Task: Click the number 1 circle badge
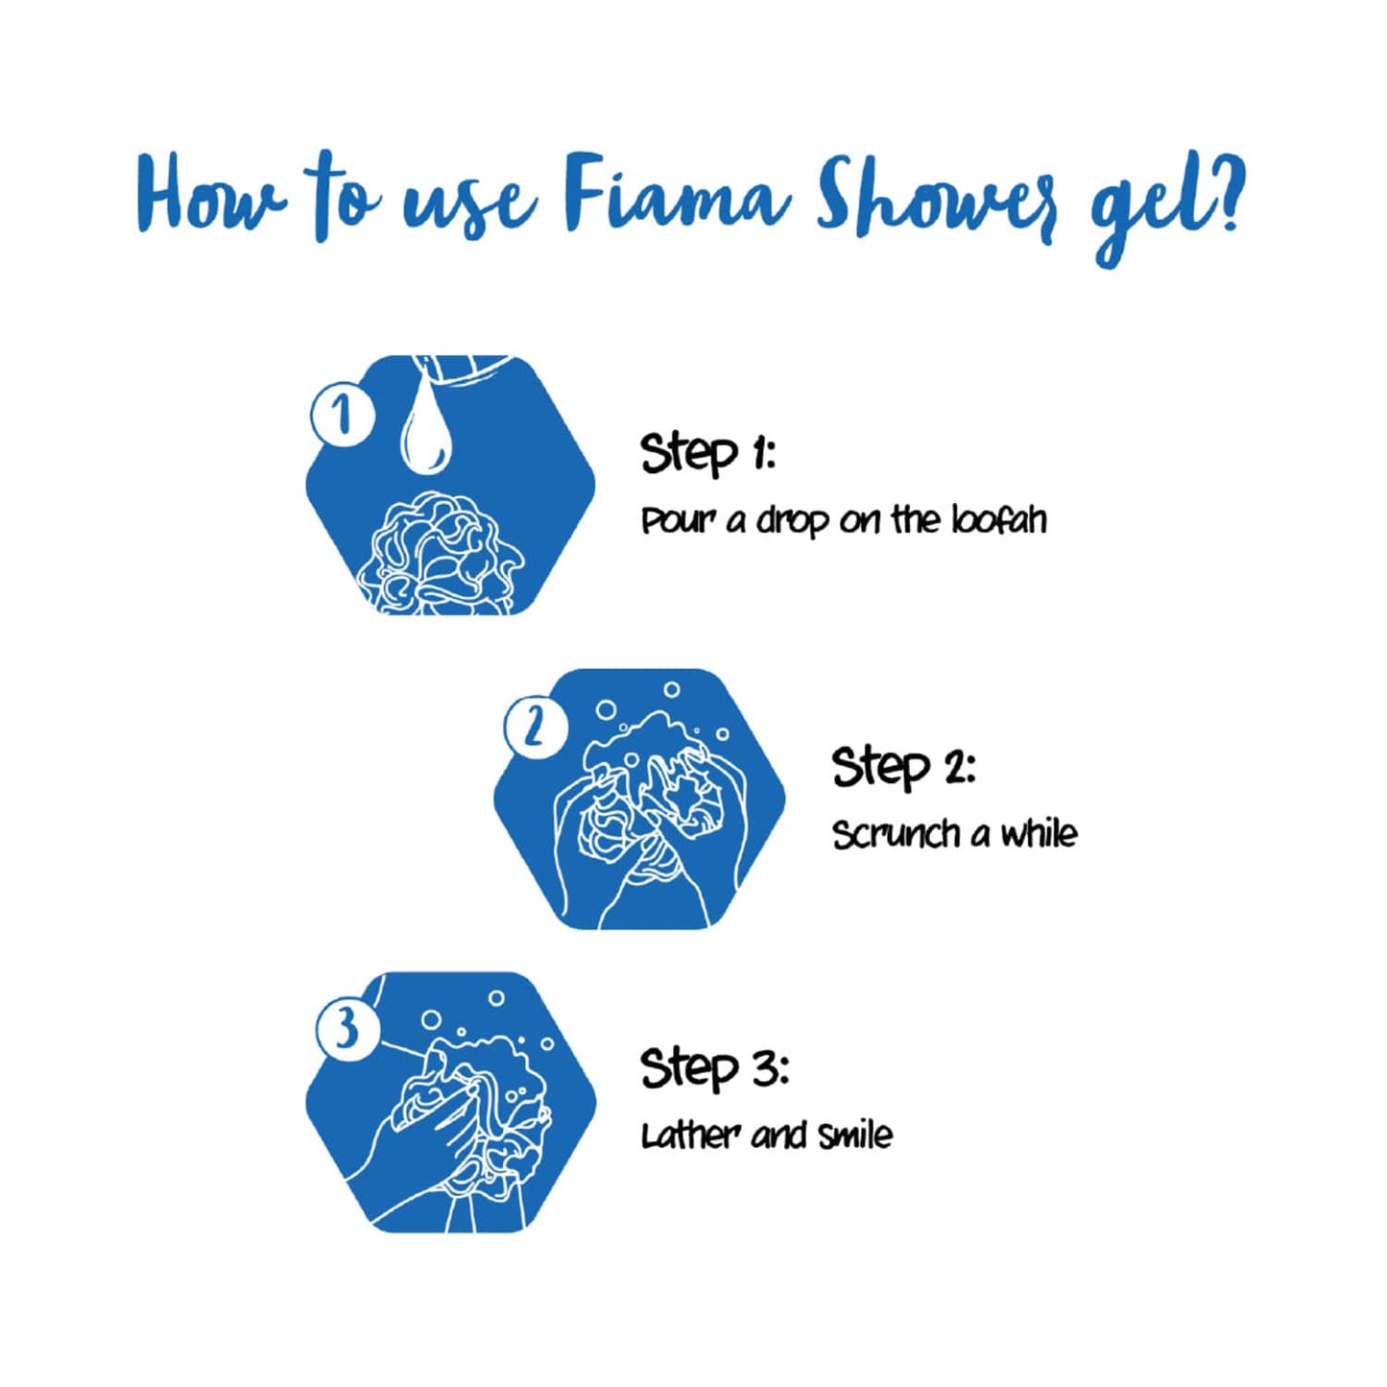pyautogui.click(x=342, y=415)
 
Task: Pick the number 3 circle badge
pyautogui.click(x=347, y=1030)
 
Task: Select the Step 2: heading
pyautogui.click(x=902, y=767)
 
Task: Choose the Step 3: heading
pyautogui.click(x=713, y=1068)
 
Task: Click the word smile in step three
pyautogui.click(x=854, y=1136)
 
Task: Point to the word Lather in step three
pyautogui.click(x=689, y=1136)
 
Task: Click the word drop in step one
pyautogui.click(x=792, y=521)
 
